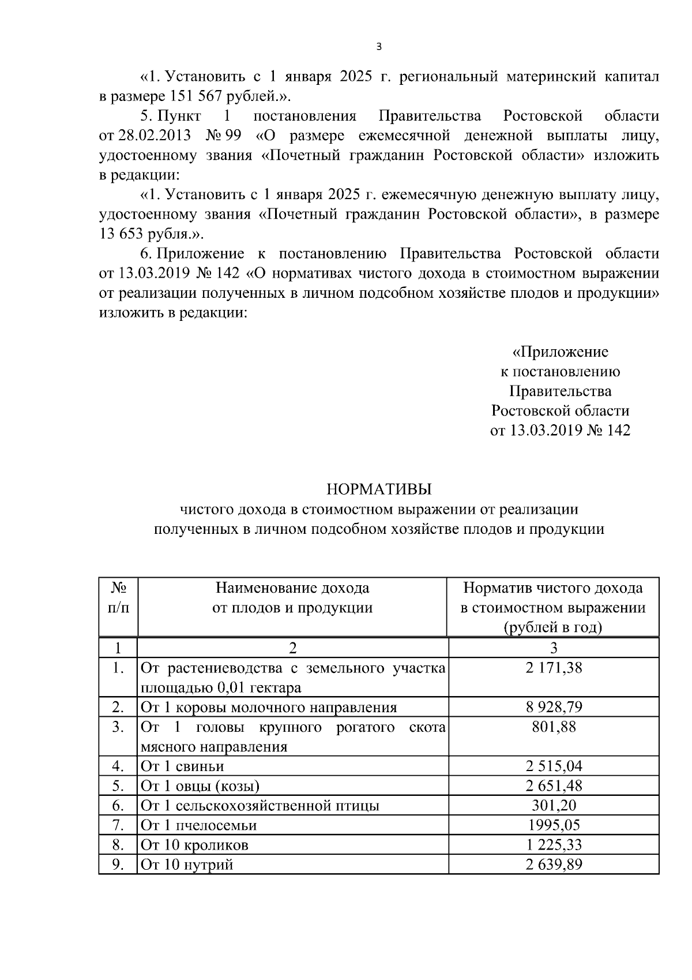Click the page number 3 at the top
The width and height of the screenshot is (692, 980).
378,47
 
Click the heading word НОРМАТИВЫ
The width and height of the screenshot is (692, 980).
378,489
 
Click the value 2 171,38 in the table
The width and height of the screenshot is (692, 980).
553,668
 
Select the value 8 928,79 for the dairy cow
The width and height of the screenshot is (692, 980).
553,707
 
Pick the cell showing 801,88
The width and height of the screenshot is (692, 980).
553,727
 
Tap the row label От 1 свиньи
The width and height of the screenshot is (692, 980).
182,766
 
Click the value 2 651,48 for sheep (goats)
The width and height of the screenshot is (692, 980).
553,786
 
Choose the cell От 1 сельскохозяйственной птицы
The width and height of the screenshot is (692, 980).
260,805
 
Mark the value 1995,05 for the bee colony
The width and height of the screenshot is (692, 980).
553,825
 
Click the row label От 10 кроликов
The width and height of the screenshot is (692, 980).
194,845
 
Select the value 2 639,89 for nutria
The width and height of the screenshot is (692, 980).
553,865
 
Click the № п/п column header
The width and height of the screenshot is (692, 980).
118,598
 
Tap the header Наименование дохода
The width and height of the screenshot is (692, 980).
292,588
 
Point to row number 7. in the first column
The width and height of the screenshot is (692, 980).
118,825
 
